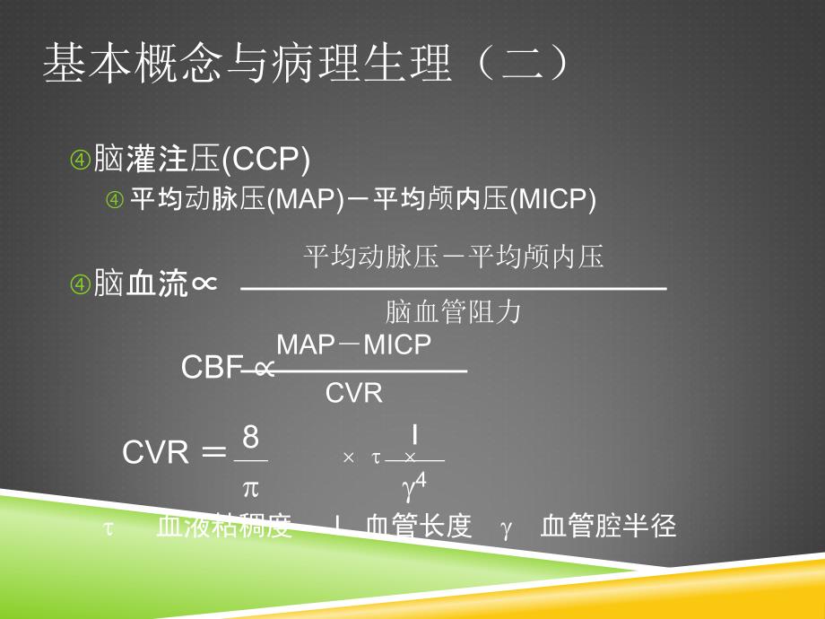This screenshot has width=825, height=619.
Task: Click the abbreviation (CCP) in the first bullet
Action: coord(265,160)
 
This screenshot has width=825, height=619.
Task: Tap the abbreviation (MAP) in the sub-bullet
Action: coord(306,199)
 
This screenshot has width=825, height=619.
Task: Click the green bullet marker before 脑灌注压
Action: coord(81,160)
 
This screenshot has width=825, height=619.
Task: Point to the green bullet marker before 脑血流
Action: coord(81,284)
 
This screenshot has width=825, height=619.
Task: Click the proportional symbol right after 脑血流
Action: coord(204,284)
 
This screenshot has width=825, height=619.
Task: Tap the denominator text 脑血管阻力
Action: coord(453,311)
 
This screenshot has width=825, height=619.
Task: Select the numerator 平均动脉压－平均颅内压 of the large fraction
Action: coord(454,257)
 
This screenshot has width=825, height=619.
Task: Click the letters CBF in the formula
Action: coord(212,367)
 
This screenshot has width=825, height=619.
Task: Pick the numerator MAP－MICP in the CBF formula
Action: coord(353,344)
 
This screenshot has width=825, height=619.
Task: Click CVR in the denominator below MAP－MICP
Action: coord(353,393)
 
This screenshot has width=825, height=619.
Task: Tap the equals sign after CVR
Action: coord(213,452)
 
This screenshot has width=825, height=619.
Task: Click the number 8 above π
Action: coord(251,437)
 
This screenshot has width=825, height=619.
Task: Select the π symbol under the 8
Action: coord(251,489)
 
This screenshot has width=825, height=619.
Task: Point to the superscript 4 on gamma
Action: coord(421,481)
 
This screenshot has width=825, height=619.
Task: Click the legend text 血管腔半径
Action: coord(608,526)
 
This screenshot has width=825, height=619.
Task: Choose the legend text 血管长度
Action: coord(419,526)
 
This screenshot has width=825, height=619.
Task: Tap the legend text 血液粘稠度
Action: coord(224,526)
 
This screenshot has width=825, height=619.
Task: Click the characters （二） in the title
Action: coord(523,63)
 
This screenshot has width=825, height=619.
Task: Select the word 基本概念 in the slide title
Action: coord(132,63)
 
